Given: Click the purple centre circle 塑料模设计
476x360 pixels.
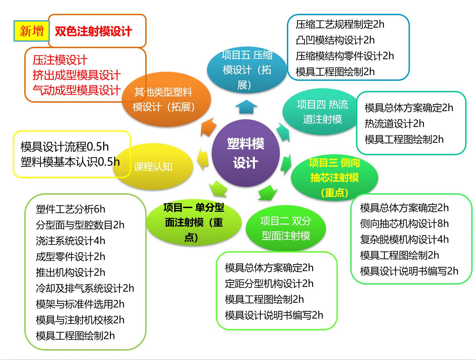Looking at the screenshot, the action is click(x=245, y=153).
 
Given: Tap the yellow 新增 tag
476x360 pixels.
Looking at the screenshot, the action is click(x=32, y=31).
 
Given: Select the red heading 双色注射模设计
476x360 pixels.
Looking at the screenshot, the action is click(x=93, y=31).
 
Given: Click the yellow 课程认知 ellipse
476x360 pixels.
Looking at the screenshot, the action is click(x=153, y=166).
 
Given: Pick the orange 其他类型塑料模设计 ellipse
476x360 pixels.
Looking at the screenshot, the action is click(x=166, y=99).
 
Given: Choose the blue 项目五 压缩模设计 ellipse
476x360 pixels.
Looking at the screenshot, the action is click(x=247, y=70).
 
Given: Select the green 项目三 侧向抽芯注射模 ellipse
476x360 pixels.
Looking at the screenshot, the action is click(x=334, y=177).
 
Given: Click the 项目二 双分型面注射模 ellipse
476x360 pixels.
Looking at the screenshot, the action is click(x=286, y=228).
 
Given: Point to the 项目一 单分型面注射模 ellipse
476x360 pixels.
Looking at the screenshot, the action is click(x=194, y=222).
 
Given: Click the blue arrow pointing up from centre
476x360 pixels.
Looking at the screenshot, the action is click(x=246, y=107).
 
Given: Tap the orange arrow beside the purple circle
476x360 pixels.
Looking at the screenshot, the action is click(x=208, y=127).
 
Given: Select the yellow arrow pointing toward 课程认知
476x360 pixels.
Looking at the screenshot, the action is click(x=203, y=159).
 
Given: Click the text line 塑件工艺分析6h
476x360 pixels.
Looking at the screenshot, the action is click(x=70, y=209).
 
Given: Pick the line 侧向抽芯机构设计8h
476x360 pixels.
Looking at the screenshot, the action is click(x=404, y=224).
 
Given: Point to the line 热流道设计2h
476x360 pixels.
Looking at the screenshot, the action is click(x=394, y=124).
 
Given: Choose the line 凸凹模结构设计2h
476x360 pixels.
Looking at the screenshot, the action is click(x=335, y=40).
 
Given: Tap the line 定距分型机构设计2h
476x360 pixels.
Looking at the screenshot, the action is click(x=269, y=284).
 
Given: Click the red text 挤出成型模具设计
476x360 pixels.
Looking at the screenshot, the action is click(x=77, y=75).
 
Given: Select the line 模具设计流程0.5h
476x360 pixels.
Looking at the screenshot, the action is click(x=65, y=146).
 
